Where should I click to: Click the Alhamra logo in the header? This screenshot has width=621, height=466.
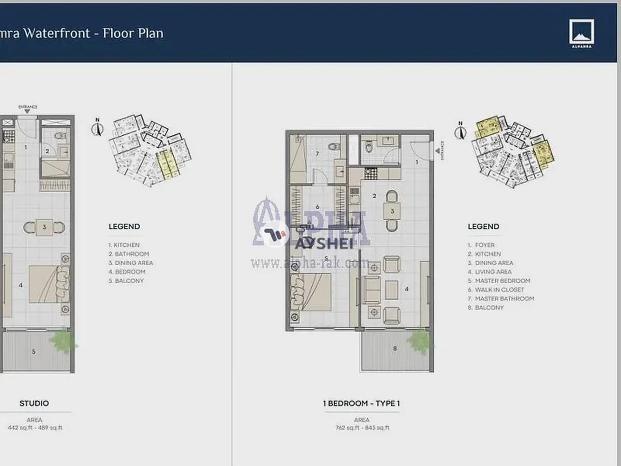click(x=582, y=33)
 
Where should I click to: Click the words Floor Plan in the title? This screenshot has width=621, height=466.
click(x=133, y=34)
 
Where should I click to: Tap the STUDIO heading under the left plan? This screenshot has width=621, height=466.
click(x=34, y=403)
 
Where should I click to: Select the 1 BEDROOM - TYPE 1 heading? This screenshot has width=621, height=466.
click(x=361, y=403)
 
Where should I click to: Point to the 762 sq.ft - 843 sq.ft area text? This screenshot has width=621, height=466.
click(x=362, y=428)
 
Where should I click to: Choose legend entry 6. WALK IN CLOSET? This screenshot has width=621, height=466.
click(x=496, y=290)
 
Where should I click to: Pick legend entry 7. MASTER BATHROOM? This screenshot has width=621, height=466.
click(x=501, y=299)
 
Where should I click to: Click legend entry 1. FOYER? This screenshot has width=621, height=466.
click(x=481, y=245)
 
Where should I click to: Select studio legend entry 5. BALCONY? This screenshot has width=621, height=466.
click(x=126, y=281)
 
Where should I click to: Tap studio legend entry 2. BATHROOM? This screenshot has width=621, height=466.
click(x=129, y=254)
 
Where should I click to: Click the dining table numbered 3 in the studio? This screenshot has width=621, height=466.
click(x=45, y=227)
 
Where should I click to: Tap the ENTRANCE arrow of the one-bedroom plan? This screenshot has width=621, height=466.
click(x=438, y=151)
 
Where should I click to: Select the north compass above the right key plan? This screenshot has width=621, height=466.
click(x=459, y=131)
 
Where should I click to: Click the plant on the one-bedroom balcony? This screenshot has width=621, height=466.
click(x=420, y=341)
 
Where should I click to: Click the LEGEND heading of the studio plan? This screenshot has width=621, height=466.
click(x=124, y=227)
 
